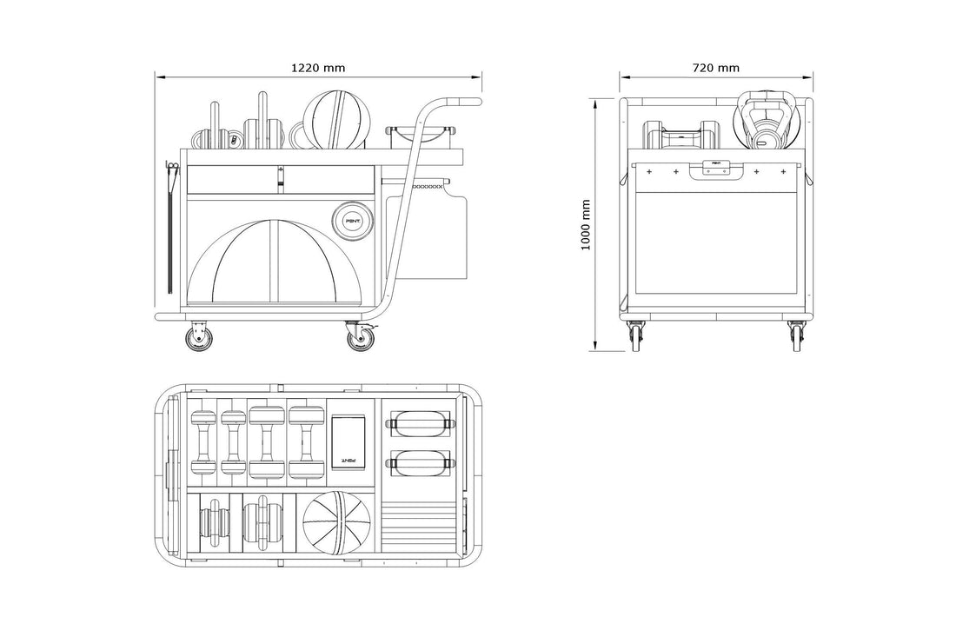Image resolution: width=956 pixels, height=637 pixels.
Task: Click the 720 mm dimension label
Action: click(x=716, y=66)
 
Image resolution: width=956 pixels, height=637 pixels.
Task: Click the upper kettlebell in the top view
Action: click(x=420, y=425)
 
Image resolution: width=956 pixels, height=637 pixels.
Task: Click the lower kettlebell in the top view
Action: click(x=420, y=462)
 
